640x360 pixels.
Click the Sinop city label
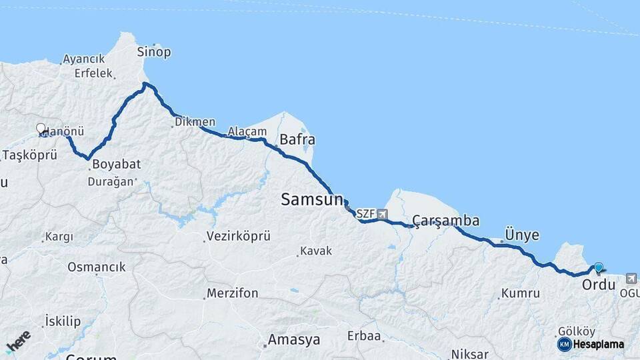pyautogui.click(x=153, y=52)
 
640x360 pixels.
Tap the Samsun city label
pyautogui.click(x=311, y=199)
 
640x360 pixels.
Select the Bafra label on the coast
pyautogui.click(x=297, y=140)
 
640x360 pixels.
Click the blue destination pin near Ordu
pyautogui.click(x=598, y=268)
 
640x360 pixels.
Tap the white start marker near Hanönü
pyautogui.click(x=41, y=129)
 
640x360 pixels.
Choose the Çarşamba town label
pyautogui.click(x=445, y=221)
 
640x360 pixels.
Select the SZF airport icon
pyautogui.click(x=382, y=214)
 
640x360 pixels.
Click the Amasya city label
pyautogui.click(x=293, y=340)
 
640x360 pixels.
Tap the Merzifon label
pyautogui.click(x=232, y=293)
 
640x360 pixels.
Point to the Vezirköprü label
pyautogui.click(x=238, y=237)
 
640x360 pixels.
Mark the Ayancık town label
pyautogui.click(x=83, y=59)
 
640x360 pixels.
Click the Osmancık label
pyautogui.click(x=96, y=267)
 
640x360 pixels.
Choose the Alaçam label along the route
pyautogui.click(x=247, y=131)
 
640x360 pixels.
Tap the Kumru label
pyautogui.click(x=520, y=293)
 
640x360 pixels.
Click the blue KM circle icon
pyautogui.click(x=564, y=345)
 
